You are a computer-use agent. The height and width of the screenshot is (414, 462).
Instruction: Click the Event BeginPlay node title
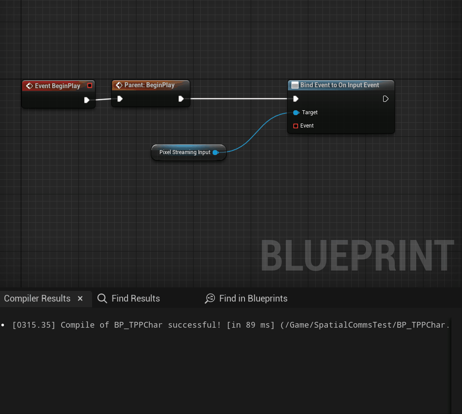58,86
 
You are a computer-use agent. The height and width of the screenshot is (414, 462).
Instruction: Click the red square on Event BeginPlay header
89,85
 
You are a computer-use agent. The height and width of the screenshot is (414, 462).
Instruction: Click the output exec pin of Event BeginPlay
87,100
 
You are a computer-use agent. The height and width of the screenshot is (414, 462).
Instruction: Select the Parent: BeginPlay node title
149,85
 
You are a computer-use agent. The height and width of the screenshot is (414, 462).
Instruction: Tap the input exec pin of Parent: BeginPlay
120,99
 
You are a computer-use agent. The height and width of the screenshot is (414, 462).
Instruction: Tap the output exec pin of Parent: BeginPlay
181,99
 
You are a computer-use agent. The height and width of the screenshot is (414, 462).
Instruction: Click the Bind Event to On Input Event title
339,85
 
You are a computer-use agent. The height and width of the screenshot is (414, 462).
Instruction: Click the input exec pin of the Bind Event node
296,99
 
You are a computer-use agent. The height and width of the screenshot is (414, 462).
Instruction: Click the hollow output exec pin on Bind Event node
385,99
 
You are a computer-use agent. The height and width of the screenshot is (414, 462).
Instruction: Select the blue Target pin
296,112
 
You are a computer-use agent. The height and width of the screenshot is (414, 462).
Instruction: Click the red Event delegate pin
295,126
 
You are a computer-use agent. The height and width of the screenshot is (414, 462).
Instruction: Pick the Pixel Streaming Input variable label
185,152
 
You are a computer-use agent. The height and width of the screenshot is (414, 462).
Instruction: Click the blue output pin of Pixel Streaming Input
215,152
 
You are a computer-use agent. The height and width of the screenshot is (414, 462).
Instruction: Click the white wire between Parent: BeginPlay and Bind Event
239,99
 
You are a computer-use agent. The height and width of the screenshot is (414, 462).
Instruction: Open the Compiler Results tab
37,298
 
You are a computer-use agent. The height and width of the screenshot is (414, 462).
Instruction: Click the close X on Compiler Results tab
80,298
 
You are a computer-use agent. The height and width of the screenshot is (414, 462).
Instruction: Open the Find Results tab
128,298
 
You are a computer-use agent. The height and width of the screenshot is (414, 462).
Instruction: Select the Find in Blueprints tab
246,298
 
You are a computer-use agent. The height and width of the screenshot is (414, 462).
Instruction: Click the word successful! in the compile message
194,325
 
